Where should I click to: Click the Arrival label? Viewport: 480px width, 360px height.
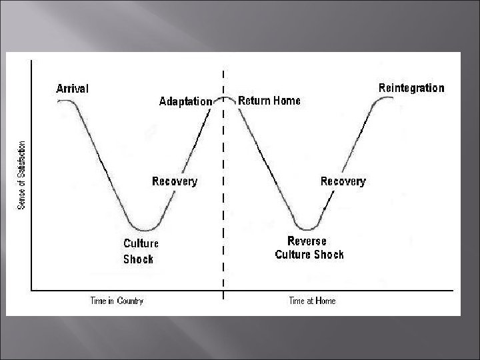point(72,89)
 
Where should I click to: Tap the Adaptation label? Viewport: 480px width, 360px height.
point(185,102)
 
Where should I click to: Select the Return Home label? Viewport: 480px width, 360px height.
point(269,101)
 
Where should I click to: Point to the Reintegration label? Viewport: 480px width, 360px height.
point(411,88)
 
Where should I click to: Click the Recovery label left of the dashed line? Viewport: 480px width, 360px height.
point(175,181)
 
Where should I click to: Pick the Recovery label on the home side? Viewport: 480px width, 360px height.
point(343,181)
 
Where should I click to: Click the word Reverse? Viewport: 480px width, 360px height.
point(307,241)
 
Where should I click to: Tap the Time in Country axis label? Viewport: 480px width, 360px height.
point(117,301)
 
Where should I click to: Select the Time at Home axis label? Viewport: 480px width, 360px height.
point(312,301)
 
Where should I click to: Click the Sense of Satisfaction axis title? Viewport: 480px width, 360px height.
point(22,175)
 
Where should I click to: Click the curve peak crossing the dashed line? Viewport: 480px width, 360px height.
point(224,97)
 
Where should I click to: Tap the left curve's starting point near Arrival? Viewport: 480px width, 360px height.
point(60,101)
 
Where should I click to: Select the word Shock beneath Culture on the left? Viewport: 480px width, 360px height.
point(138,259)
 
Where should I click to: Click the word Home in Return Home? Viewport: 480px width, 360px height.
point(286,101)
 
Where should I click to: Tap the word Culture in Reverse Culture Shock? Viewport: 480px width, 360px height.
point(296,255)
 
